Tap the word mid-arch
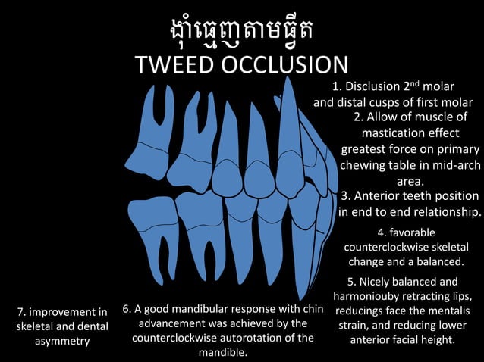451,165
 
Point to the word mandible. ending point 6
223,352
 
